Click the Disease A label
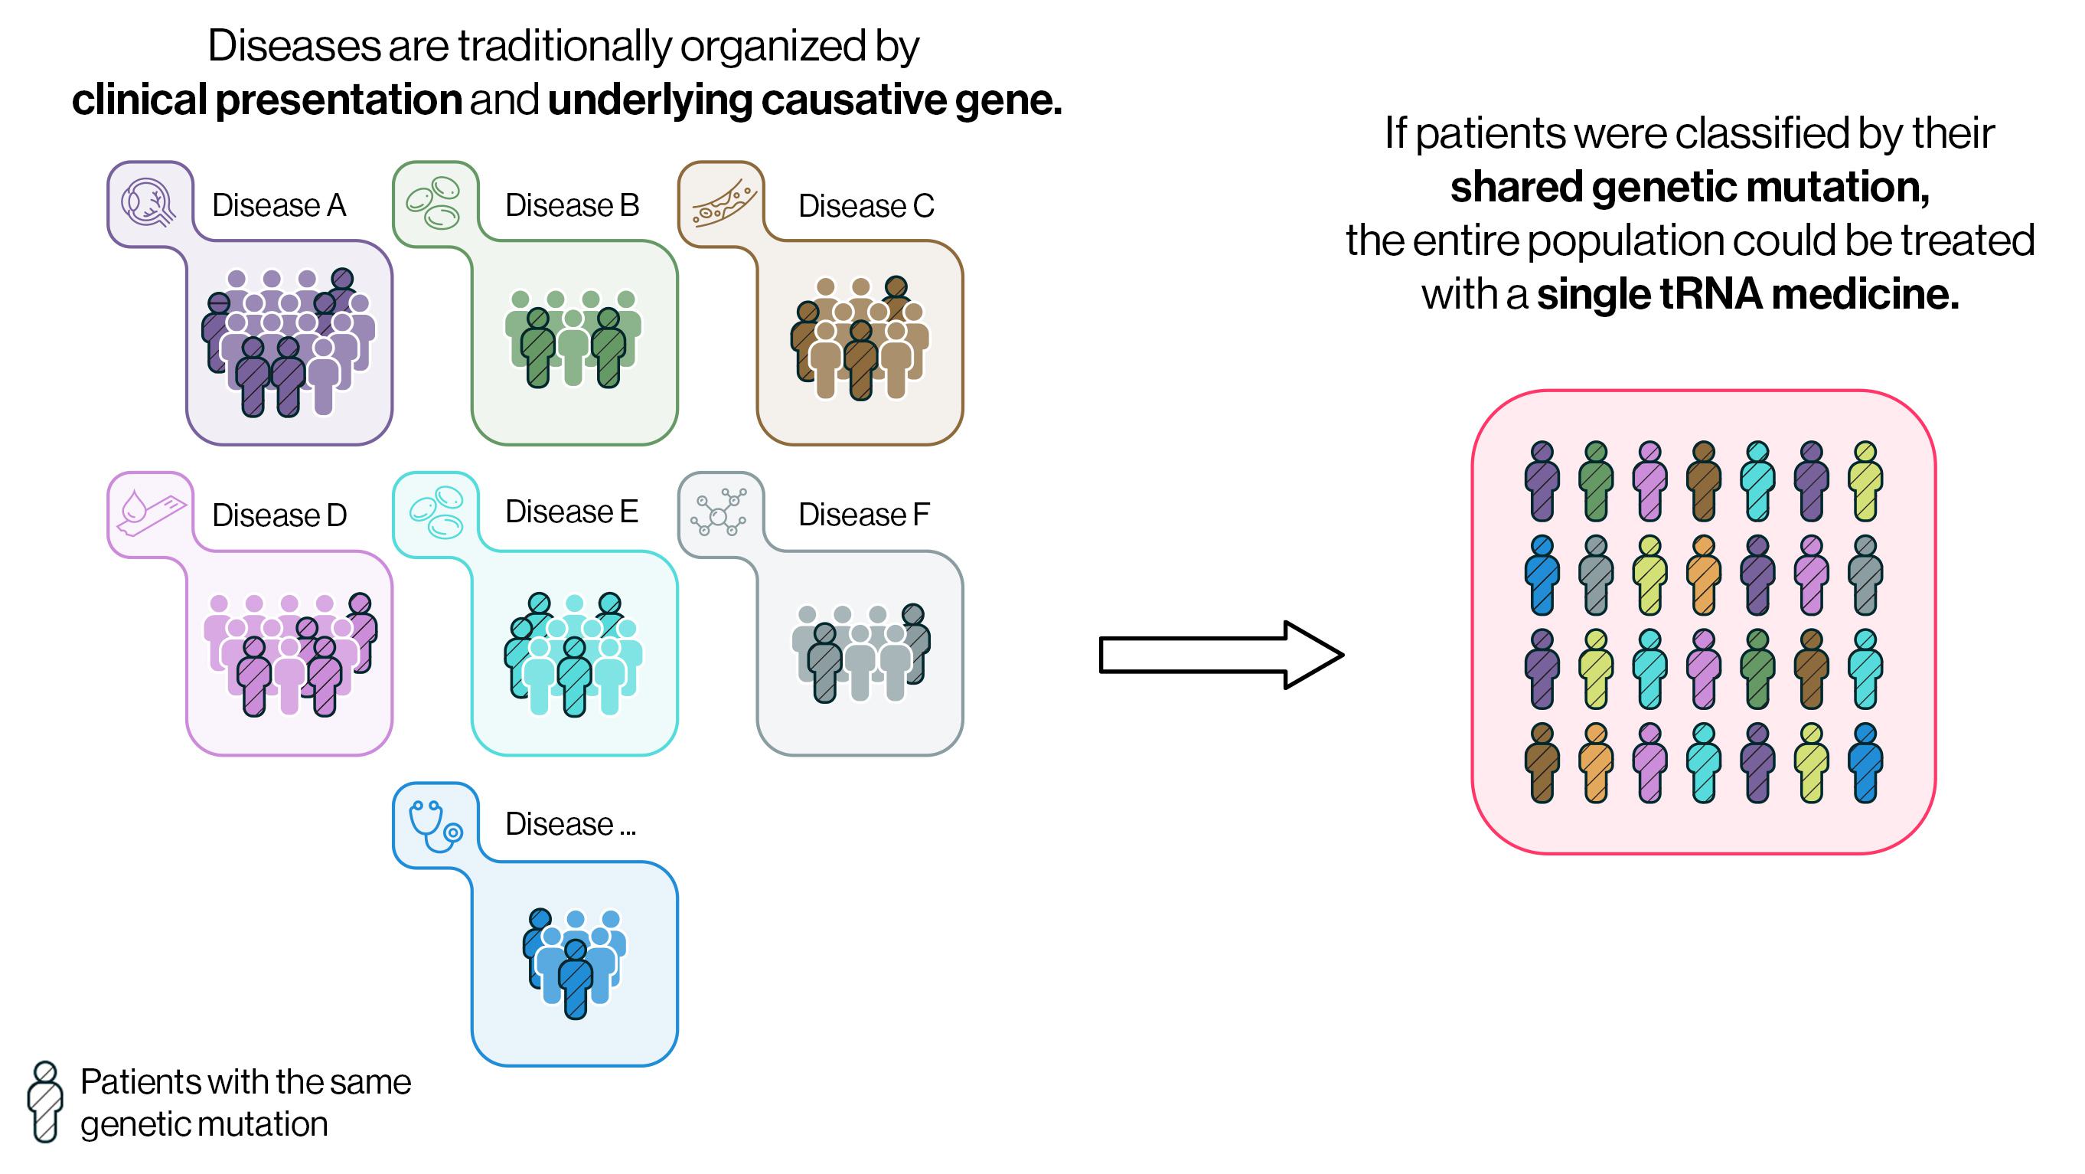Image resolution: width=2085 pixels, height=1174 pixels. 279,206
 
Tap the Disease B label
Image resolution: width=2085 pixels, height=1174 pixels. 572,206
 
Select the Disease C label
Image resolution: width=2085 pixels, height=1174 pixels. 865,207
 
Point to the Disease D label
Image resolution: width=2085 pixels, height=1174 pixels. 279,515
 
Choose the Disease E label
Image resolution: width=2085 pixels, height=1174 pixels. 572,512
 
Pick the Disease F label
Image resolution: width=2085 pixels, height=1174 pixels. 863,515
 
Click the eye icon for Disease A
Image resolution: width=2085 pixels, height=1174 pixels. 149,202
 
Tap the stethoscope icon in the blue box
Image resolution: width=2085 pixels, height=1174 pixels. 436,826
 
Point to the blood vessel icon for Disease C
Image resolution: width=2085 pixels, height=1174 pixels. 722,204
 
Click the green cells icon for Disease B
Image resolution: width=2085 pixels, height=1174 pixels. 434,202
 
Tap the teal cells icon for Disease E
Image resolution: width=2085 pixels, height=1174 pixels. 436,512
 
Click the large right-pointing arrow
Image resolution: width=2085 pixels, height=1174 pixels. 1221,655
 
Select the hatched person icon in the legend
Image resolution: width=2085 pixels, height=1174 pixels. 45,1102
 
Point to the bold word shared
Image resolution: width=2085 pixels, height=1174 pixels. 1516,187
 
